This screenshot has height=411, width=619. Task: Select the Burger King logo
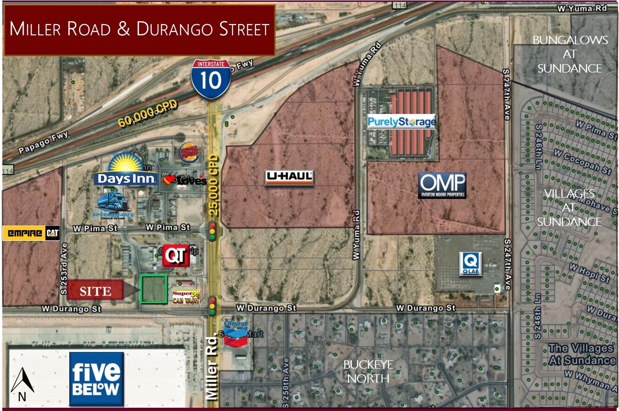(x=189, y=152)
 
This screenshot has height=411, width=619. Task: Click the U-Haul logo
(x=289, y=178)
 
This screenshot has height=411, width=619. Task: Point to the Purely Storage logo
(x=401, y=122)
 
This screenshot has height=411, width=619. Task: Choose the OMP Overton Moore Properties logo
(x=442, y=185)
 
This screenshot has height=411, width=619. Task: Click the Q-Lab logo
(x=471, y=264)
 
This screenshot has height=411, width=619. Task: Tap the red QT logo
(x=176, y=256)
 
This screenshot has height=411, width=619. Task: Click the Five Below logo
(x=96, y=378)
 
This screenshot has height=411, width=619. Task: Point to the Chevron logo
(x=236, y=332)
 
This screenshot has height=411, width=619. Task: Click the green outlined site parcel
(x=153, y=289)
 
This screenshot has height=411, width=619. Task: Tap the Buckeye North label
(x=368, y=371)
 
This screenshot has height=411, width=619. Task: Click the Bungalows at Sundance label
(x=570, y=54)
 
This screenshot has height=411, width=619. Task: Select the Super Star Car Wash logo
(x=186, y=297)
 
